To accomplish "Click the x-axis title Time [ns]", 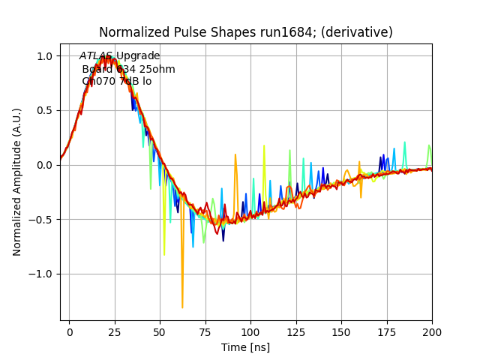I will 245,347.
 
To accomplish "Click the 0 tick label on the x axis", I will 69,330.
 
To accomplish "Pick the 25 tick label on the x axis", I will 115,330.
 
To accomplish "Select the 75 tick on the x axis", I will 205,330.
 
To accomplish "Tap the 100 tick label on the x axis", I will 250,330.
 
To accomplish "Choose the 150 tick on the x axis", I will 341,330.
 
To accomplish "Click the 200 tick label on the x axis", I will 431,330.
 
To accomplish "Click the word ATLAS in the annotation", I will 96,56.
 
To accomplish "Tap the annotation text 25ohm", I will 159,69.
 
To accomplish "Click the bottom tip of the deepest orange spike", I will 182,307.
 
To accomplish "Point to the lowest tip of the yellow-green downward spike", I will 164,255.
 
